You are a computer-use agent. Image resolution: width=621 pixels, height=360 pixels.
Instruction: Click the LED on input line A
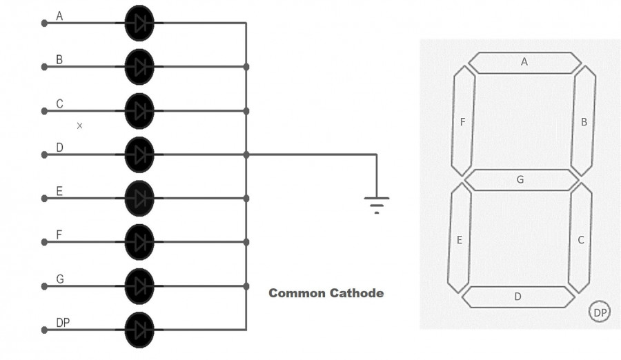tap(139, 23)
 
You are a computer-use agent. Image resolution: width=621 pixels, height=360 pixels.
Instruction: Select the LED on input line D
tap(139, 154)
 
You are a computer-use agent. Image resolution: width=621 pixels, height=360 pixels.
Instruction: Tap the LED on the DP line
tap(139, 330)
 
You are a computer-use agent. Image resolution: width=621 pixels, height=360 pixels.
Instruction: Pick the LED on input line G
tap(139, 286)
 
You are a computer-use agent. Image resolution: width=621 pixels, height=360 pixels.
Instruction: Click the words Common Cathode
tap(326, 293)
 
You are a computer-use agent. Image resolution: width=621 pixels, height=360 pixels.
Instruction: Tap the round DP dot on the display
tap(600, 313)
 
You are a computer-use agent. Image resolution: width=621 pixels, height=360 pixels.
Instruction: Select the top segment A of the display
tap(524, 63)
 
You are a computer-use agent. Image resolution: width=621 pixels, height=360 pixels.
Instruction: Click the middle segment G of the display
tap(521, 180)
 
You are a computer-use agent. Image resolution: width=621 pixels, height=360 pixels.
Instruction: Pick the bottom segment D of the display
tap(518, 297)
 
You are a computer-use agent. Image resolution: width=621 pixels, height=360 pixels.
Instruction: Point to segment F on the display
tap(463, 123)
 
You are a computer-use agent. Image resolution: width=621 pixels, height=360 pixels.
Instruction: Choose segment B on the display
tap(584, 121)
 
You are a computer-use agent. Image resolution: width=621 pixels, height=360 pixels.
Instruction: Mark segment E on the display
tap(460, 239)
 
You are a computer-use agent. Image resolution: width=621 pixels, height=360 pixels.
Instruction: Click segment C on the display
tap(580, 239)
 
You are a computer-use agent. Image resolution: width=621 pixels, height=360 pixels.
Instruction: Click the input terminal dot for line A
tap(45, 23)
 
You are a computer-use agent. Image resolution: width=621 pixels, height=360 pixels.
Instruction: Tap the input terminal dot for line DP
tap(45, 330)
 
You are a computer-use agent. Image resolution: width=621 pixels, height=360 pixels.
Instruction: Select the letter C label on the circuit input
tap(60, 104)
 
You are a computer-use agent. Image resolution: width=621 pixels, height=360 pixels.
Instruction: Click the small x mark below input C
tap(79, 126)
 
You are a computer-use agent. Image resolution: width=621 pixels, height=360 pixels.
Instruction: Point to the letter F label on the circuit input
tap(59, 235)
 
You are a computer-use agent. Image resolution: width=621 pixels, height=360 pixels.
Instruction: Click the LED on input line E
tap(139, 199)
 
